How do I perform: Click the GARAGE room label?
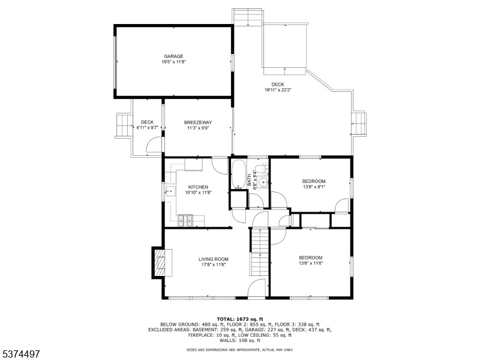coord(173,56)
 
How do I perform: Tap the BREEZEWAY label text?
coord(198,122)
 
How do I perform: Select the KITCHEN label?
coord(198,187)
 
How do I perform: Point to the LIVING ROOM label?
coord(214,259)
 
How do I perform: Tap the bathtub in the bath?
coord(239,173)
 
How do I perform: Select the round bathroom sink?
coord(262,182)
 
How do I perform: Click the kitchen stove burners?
coord(185,220)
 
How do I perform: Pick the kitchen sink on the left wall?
coord(170,191)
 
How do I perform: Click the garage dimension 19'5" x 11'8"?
coord(173,62)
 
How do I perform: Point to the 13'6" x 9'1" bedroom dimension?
coord(314,187)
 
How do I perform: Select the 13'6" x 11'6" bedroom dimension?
coord(311,263)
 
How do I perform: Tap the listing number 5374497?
coord(20,354)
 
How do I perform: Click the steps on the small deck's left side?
coord(123,125)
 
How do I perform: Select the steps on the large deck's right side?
coord(359,124)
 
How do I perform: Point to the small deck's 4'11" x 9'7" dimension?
coord(147,128)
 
